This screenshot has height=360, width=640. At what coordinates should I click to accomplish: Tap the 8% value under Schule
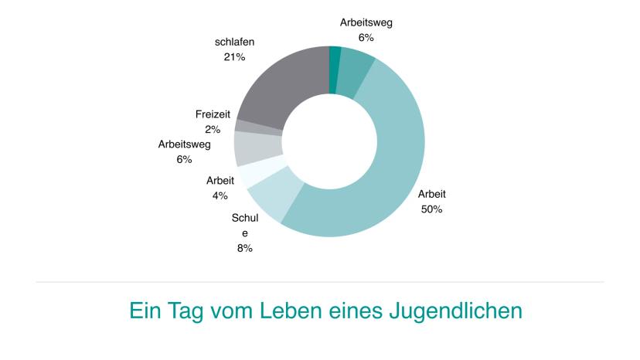(x=245, y=248)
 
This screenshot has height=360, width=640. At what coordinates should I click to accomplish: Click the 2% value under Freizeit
(x=213, y=130)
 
